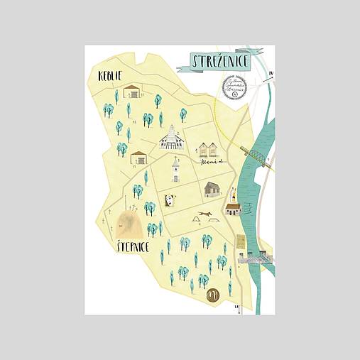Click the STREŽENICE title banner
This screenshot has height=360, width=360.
(x=221, y=62)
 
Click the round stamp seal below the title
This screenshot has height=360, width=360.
(x=234, y=87)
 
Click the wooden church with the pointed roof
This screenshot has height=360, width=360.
(x=171, y=138)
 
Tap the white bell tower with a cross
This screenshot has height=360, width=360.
(x=175, y=170)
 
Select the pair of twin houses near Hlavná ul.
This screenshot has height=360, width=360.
(x=205, y=150)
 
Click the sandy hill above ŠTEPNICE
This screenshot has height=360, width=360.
(x=129, y=224)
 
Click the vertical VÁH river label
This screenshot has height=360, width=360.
(x=249, y=209)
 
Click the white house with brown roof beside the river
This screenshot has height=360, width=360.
(x=233, y=208)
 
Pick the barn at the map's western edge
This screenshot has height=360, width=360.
(x=139, y=158)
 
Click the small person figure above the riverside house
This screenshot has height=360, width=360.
(x=233, y=192)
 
